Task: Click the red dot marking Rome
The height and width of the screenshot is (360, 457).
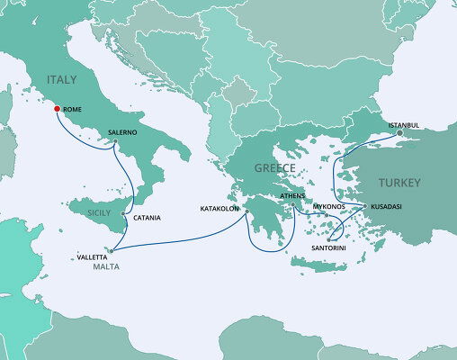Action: pos(57,109)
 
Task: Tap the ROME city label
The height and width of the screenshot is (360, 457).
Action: pos(74,109)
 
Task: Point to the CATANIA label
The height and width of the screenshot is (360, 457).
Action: pos(147,218)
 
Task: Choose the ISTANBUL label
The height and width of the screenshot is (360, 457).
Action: pos(404,124)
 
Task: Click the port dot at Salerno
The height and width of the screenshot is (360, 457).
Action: pos(114,142)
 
